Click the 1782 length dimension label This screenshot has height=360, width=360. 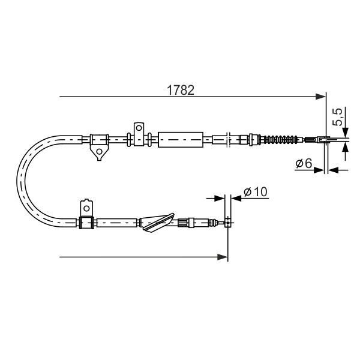pos(181,90)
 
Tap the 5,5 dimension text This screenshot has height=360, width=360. pos(337,116)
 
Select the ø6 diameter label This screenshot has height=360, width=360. pos(304,163)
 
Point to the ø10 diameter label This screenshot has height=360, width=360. pos(256,192)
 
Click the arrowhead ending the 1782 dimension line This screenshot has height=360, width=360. pos(320,97)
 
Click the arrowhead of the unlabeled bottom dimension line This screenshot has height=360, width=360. pos(222,257)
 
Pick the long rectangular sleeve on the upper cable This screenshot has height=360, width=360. pos(181,140)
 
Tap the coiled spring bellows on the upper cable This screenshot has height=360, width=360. pos(279,139)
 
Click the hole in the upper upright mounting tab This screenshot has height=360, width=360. pos(139,128)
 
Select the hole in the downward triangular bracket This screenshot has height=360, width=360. pos(99,152)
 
